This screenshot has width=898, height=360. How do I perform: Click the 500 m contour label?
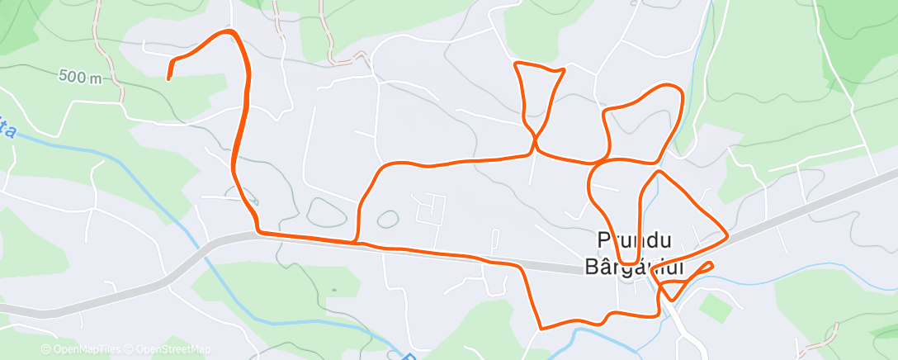[x=80, y=77]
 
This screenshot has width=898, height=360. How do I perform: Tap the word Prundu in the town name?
[x=633, y=240]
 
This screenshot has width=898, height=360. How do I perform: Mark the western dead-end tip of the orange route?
[x=168, y=78]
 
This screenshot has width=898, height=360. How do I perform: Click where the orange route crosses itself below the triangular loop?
[x=535, y=141]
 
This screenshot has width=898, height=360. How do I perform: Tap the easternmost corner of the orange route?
[x=726, y=237]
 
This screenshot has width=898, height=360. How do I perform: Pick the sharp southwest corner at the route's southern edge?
[x=541, y=328]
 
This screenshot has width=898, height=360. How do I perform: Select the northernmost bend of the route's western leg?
[x=231, y=31]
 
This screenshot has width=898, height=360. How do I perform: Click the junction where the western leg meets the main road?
[x=258, y=232]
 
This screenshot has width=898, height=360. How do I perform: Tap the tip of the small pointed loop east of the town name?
[x=711, y=263]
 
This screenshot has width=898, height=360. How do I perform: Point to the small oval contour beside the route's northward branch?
[x=386, y=220]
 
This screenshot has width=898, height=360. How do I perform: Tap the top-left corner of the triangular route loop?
[x=516, y=64]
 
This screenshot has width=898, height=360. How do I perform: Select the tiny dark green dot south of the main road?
[x=333, y=290]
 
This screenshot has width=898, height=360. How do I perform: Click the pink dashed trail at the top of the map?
[x=330, y=37]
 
